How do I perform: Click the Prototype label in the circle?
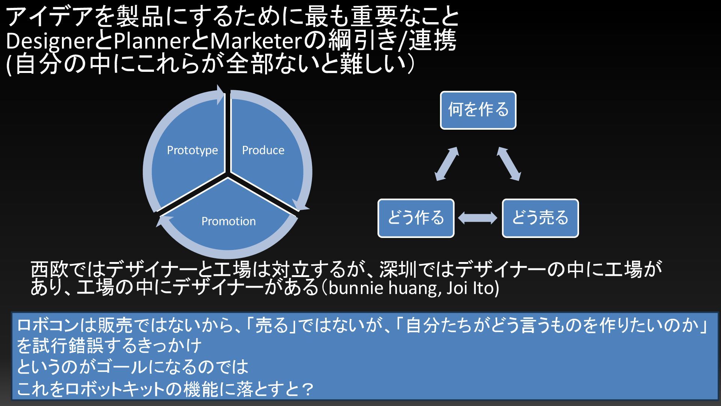point(192,150)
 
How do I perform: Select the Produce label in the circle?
point(263,150)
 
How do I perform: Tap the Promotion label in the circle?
point(228,221)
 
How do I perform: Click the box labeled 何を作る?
point(478,110)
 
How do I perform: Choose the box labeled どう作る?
point(416,218)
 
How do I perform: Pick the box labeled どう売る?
point(540,218)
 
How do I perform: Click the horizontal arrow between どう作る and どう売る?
point(478,218)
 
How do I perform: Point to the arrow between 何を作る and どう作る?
point(447,164)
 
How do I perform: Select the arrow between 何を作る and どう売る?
point(509,164)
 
